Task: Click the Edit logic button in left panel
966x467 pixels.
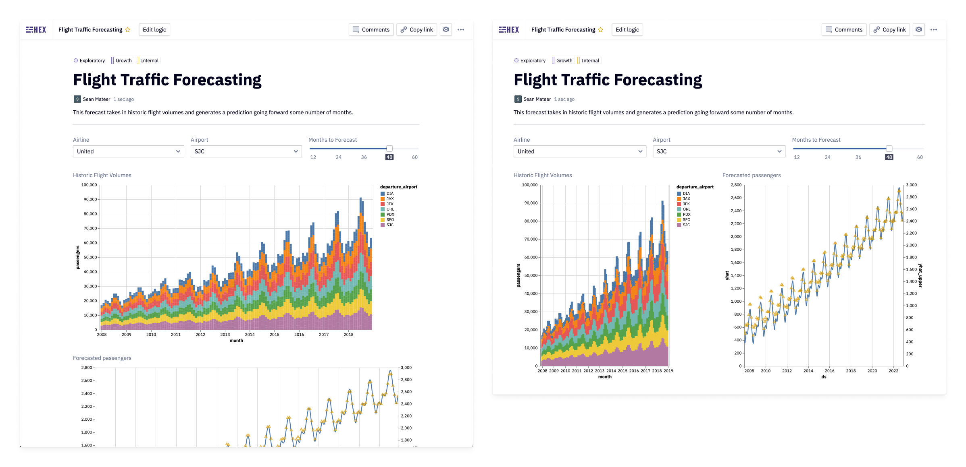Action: [x=154, y=30]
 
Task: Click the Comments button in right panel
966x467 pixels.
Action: [x=844, y=30]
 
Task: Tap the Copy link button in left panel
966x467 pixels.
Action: [x=416, y=30]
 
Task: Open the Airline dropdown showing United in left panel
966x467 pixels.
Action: [x=128, y=151]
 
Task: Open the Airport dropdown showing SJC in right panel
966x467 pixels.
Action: [x=718, y=151]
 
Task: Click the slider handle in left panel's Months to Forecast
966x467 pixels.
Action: [x=389, y=149]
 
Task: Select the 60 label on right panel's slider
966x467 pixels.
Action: [x=920, y=157]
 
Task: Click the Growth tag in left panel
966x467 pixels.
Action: [x=123, y=61]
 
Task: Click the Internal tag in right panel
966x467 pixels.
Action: [x=590, y=61]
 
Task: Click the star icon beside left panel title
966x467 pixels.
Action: [x=128, y=30]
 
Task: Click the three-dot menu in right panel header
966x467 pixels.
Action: [x=934, y=30]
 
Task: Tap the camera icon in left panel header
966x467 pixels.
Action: [x=446, y=30]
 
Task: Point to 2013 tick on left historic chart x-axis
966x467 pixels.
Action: [x=225, y=335]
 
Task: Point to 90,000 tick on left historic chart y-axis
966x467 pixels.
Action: [x=90, y=199]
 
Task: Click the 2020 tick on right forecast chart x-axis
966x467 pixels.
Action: [x=872, y=371]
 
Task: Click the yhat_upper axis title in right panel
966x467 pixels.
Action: [x=920, y=275]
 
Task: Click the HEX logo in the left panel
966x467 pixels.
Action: [x=36, y=30]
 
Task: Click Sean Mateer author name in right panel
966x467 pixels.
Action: [x=537, y=99]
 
